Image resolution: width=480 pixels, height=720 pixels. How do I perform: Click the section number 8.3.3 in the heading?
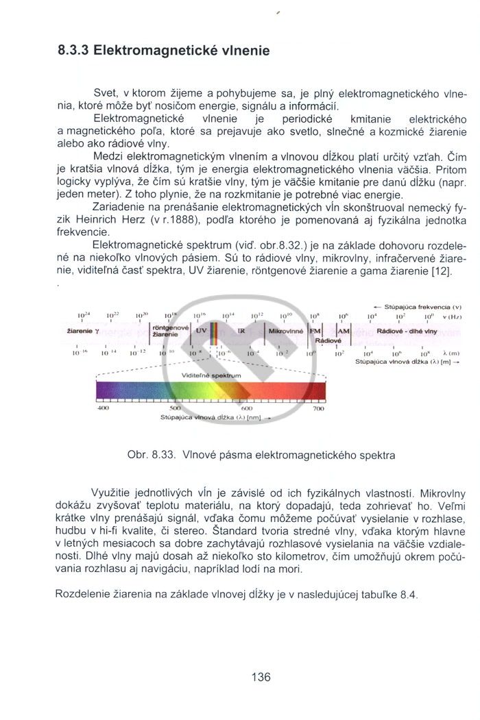pos(73,51)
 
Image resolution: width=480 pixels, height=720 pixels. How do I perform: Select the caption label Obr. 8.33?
pos(149,454)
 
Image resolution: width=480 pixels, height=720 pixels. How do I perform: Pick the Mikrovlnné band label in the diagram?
pos(285,330)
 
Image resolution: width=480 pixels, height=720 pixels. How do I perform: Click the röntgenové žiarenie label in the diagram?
pos(166,331)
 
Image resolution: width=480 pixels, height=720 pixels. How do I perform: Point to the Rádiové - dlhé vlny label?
pos(407,330)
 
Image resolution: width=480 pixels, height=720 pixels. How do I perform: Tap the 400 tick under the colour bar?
pos(104,408)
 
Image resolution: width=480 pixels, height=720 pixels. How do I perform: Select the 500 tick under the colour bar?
pos(174,408)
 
